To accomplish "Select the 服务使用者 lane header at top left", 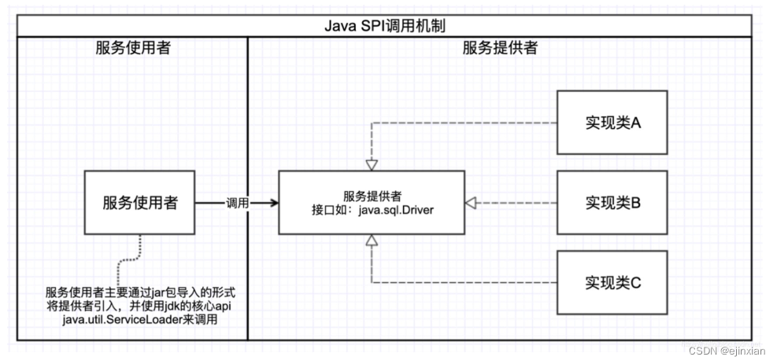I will click(128, 48).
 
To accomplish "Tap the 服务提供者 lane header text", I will click(499, 48).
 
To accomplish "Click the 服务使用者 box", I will click(140, 202).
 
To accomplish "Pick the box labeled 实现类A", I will click(612, 122).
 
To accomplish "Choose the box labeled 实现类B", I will click(612, 202).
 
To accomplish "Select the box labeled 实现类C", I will click(612, 281).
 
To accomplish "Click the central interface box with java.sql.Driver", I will click(372, 202).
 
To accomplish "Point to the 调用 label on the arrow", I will click(237, 203).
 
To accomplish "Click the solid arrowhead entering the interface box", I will click(273, 203).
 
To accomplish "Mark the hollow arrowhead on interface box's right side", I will click(471, 203).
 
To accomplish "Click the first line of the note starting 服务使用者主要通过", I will click(140, 292).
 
